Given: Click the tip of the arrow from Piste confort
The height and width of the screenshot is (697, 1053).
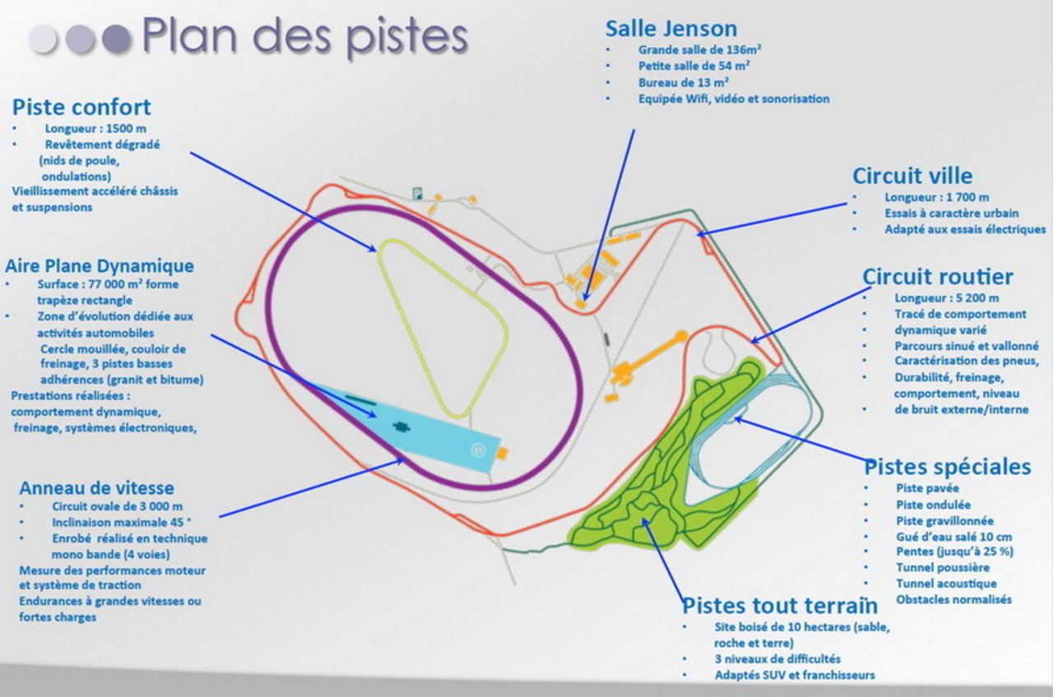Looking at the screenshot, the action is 376,252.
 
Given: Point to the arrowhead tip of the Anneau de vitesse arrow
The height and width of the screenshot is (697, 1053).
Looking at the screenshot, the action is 404,459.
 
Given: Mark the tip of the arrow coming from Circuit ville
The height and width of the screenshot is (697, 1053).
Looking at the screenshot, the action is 697,234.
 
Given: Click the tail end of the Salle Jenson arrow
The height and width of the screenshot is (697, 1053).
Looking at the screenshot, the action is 634,130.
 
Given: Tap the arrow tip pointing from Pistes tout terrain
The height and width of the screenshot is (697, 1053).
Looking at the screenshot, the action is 642,519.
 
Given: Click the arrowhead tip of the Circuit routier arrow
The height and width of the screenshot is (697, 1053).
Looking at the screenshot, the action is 751,343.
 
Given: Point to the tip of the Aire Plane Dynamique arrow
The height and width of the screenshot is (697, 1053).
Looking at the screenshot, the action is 376,416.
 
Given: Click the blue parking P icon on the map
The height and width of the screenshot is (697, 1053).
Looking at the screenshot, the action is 417,193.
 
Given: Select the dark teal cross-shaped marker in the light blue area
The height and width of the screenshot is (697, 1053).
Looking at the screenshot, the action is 401,427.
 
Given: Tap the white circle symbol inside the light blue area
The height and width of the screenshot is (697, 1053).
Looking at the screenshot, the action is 478,450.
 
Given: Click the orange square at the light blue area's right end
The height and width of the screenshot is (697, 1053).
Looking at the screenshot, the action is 503,453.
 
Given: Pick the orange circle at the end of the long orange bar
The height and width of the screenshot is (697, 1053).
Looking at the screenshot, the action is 681,336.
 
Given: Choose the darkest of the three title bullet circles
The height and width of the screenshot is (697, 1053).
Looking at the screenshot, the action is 117,39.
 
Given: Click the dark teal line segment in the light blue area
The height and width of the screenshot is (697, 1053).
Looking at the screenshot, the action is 360,400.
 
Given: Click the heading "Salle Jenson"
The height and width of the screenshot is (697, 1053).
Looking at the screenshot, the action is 671,29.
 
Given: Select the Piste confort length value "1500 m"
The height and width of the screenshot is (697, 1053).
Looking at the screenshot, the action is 127,128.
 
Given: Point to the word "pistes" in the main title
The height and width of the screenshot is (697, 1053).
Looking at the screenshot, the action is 407,37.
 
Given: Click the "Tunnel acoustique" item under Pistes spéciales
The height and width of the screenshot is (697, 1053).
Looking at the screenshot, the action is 946,584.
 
